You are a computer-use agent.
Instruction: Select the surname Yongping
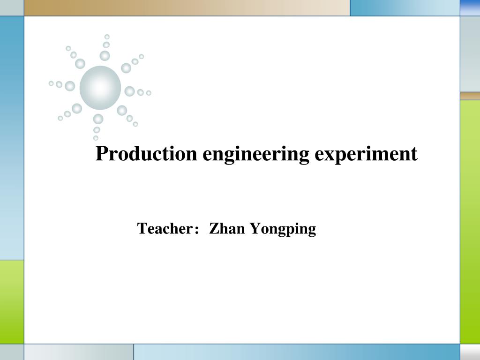pyautogui.click(x=283, y=230)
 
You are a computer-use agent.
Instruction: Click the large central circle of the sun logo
pyautogui.click(x=100, y=88)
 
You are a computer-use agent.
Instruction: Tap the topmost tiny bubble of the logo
pyautogui.click(x=107, y=37)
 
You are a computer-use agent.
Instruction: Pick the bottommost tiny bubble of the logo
pyautogui.click(x=96, y=138)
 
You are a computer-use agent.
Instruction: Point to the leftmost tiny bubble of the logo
pyautogui.click(x=51, y=83)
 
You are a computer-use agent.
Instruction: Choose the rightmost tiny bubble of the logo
pyautogui.click(x=149, y=93)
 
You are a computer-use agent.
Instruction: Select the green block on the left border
pyautogui.click(x=12, y=301)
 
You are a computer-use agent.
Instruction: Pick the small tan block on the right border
pyautogui.click(x=470, y=96)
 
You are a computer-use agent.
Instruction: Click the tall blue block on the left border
pyautogui.click(x=12, y=138)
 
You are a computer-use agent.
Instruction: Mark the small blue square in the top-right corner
pyautogui.click(x=470, y=7)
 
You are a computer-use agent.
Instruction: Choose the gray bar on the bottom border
pyautogui.click(x=78, y=352)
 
